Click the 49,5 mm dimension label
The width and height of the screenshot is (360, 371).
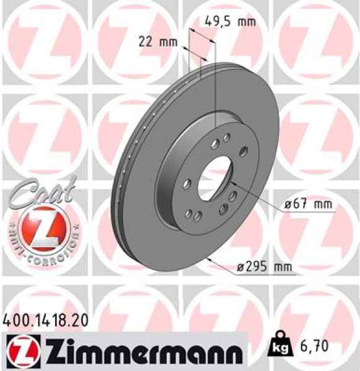pos(229,22)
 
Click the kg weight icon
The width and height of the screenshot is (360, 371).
pos(279,349)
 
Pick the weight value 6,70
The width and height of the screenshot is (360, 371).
pos(312,349)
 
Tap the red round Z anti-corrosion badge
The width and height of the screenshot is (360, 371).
pos(40,226)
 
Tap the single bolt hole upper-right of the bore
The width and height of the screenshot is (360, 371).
pos(242,151)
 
